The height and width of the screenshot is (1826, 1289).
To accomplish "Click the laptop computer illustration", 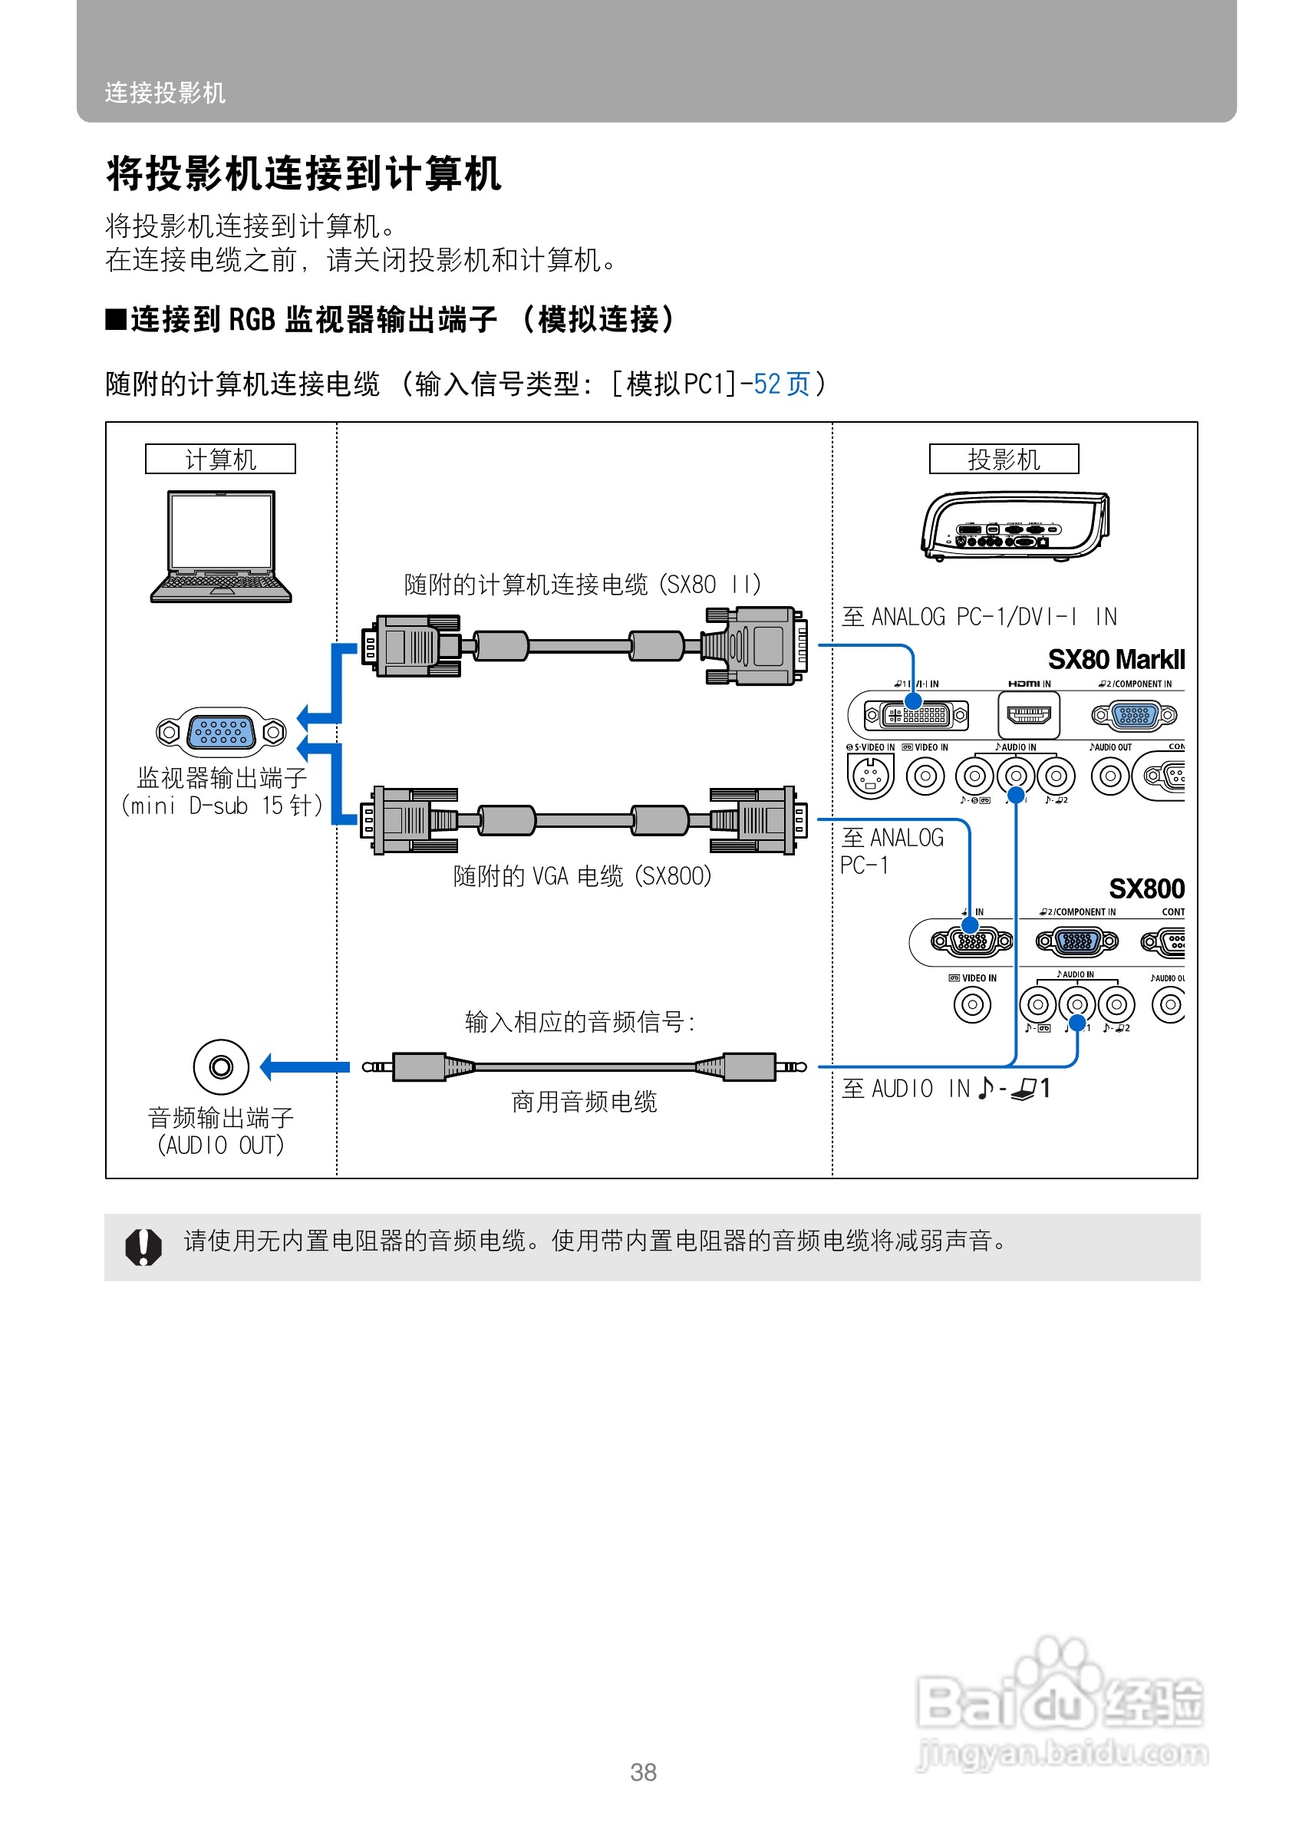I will (x=221, y=546).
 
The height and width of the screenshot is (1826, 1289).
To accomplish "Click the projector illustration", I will (x=1014, y=526).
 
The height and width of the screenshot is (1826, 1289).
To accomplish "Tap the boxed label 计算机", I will (x=220, y=459).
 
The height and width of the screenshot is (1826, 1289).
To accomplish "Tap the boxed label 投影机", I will (x=1004, y=459).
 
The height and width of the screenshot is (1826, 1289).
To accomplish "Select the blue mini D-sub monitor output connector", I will (x=222, y=731).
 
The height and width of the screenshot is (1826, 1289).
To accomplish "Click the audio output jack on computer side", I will (x=221, y=1066).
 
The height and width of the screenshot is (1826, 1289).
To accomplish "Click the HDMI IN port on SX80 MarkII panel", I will (x=1028, y=714).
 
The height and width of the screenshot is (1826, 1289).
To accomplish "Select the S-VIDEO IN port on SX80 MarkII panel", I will (x=870, y=775).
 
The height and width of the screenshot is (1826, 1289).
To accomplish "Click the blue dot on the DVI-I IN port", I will (x=913, y=700).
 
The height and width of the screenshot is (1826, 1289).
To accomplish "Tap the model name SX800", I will (x=1146, y=888).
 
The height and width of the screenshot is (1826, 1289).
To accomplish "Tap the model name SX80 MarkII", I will (x=1116, y=659).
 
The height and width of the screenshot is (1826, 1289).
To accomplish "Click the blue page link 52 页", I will (x=782, y=384).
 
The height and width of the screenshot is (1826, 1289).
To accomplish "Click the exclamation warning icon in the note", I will (x=143, y=1246).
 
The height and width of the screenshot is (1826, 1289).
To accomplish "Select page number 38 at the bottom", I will (x=643, y=1772).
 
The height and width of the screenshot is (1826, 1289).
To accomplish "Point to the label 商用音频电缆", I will (x=584, y=1102).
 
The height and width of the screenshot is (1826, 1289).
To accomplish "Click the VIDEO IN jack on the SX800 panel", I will (x=971, y=1004).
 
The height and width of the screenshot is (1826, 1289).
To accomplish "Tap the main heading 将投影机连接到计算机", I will (x=303, y=173).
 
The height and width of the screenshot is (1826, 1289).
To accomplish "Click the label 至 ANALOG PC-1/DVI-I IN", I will (x=979, y=616).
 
